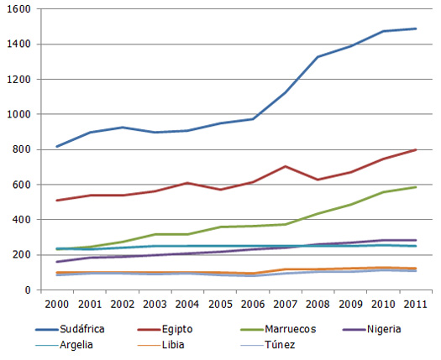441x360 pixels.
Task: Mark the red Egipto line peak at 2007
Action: (286, 166)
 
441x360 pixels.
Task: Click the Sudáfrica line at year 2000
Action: (56, 147)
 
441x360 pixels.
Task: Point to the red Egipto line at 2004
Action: (188, 183)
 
